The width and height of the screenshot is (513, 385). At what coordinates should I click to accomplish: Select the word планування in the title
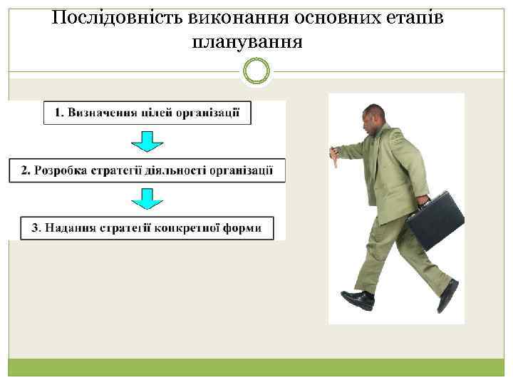[x=247, y=42]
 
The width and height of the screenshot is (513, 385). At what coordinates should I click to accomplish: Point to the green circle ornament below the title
[x=256, y=71]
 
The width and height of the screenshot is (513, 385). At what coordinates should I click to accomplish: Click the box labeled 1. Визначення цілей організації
[x=147, y=113]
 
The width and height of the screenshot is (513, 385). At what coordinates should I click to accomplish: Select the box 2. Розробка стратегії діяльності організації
[x=147, y=170]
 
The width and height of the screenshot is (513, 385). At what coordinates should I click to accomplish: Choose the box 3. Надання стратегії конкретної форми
[x=147, y=228]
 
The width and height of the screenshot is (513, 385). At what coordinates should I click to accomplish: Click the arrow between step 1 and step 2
[x=147, y=141]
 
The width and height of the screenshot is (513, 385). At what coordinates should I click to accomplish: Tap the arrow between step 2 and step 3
[x=147, y=199]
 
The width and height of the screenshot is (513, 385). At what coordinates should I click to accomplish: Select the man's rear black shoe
[x=448, y=297]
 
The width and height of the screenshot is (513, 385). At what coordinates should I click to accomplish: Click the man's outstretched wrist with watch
[x=334, y=153]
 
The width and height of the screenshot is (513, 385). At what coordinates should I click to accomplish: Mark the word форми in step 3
[x=244, y=228]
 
